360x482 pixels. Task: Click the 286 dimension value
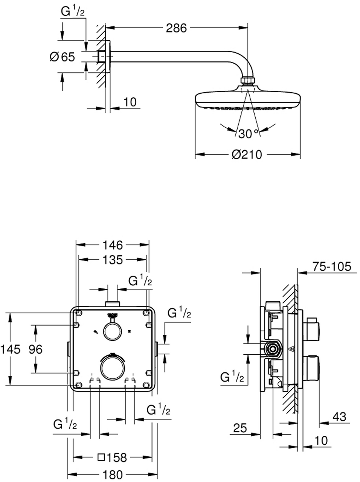[x=177, y=28]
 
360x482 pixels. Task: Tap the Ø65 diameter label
[x=63, y=57]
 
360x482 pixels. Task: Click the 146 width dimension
[x=113, y=245]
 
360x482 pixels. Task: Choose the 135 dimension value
[x=112, y=259]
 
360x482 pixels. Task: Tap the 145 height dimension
[x=10, y=349]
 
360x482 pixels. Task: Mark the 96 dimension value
[x=36, y=349]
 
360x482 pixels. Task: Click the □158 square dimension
[x=112, y=458]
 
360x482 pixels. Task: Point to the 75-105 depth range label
[x=332, y=267]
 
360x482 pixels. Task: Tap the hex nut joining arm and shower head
[x=247, y=81]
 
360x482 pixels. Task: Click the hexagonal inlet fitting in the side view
[x=272, y=349]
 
